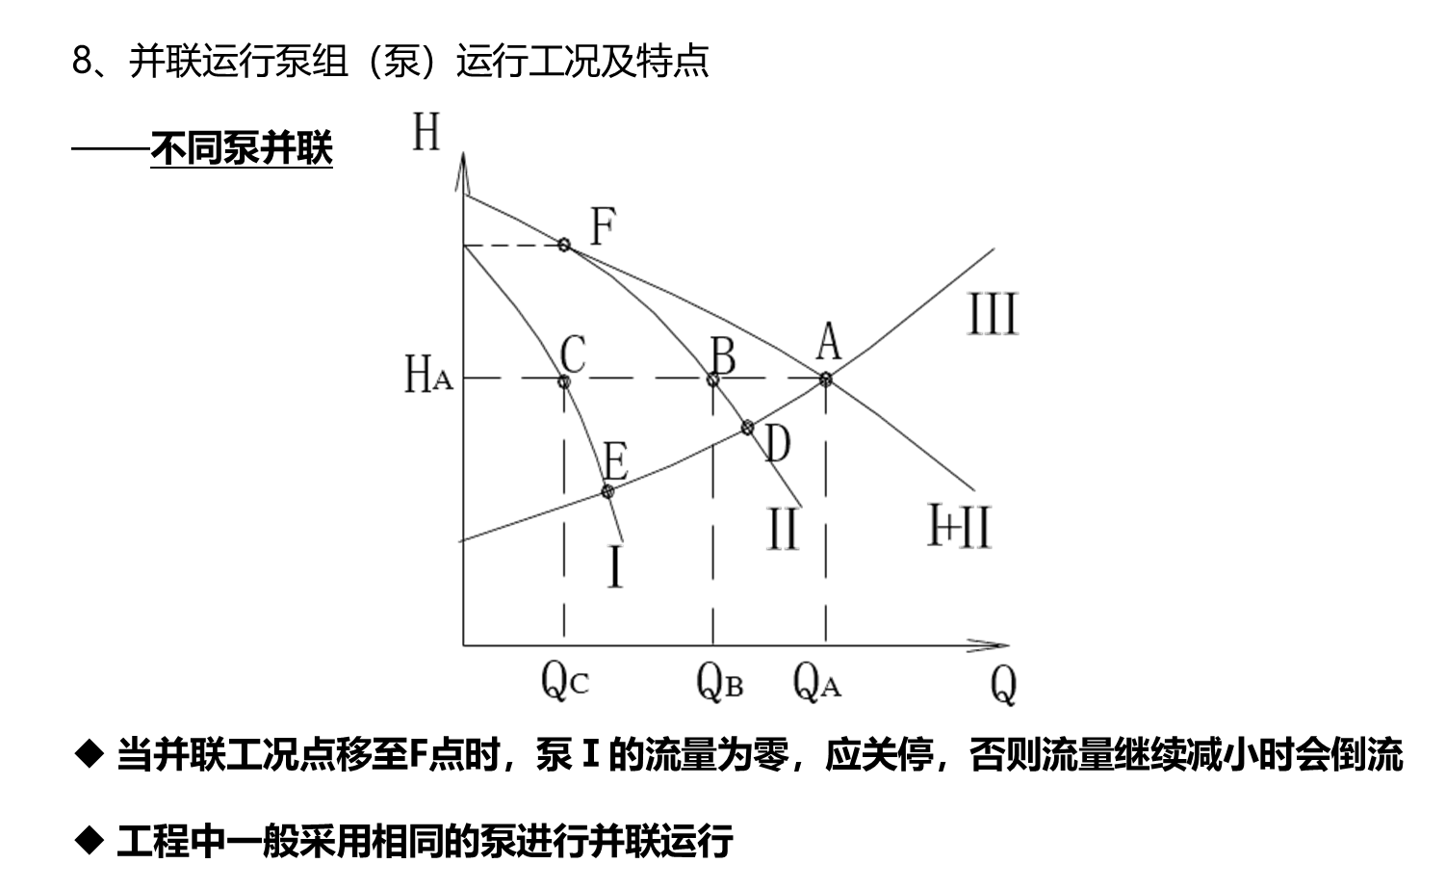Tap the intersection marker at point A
[826, 379]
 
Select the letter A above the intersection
[828, 341]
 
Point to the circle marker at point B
[714, 380]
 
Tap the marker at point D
[747, 425]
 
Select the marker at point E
[607, 491]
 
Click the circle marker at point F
[564, 245]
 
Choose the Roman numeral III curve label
[992, 316]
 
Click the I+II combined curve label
[959, 526]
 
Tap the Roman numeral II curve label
[782, 529]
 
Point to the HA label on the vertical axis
[426, 375]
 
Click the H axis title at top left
[426, 132]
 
